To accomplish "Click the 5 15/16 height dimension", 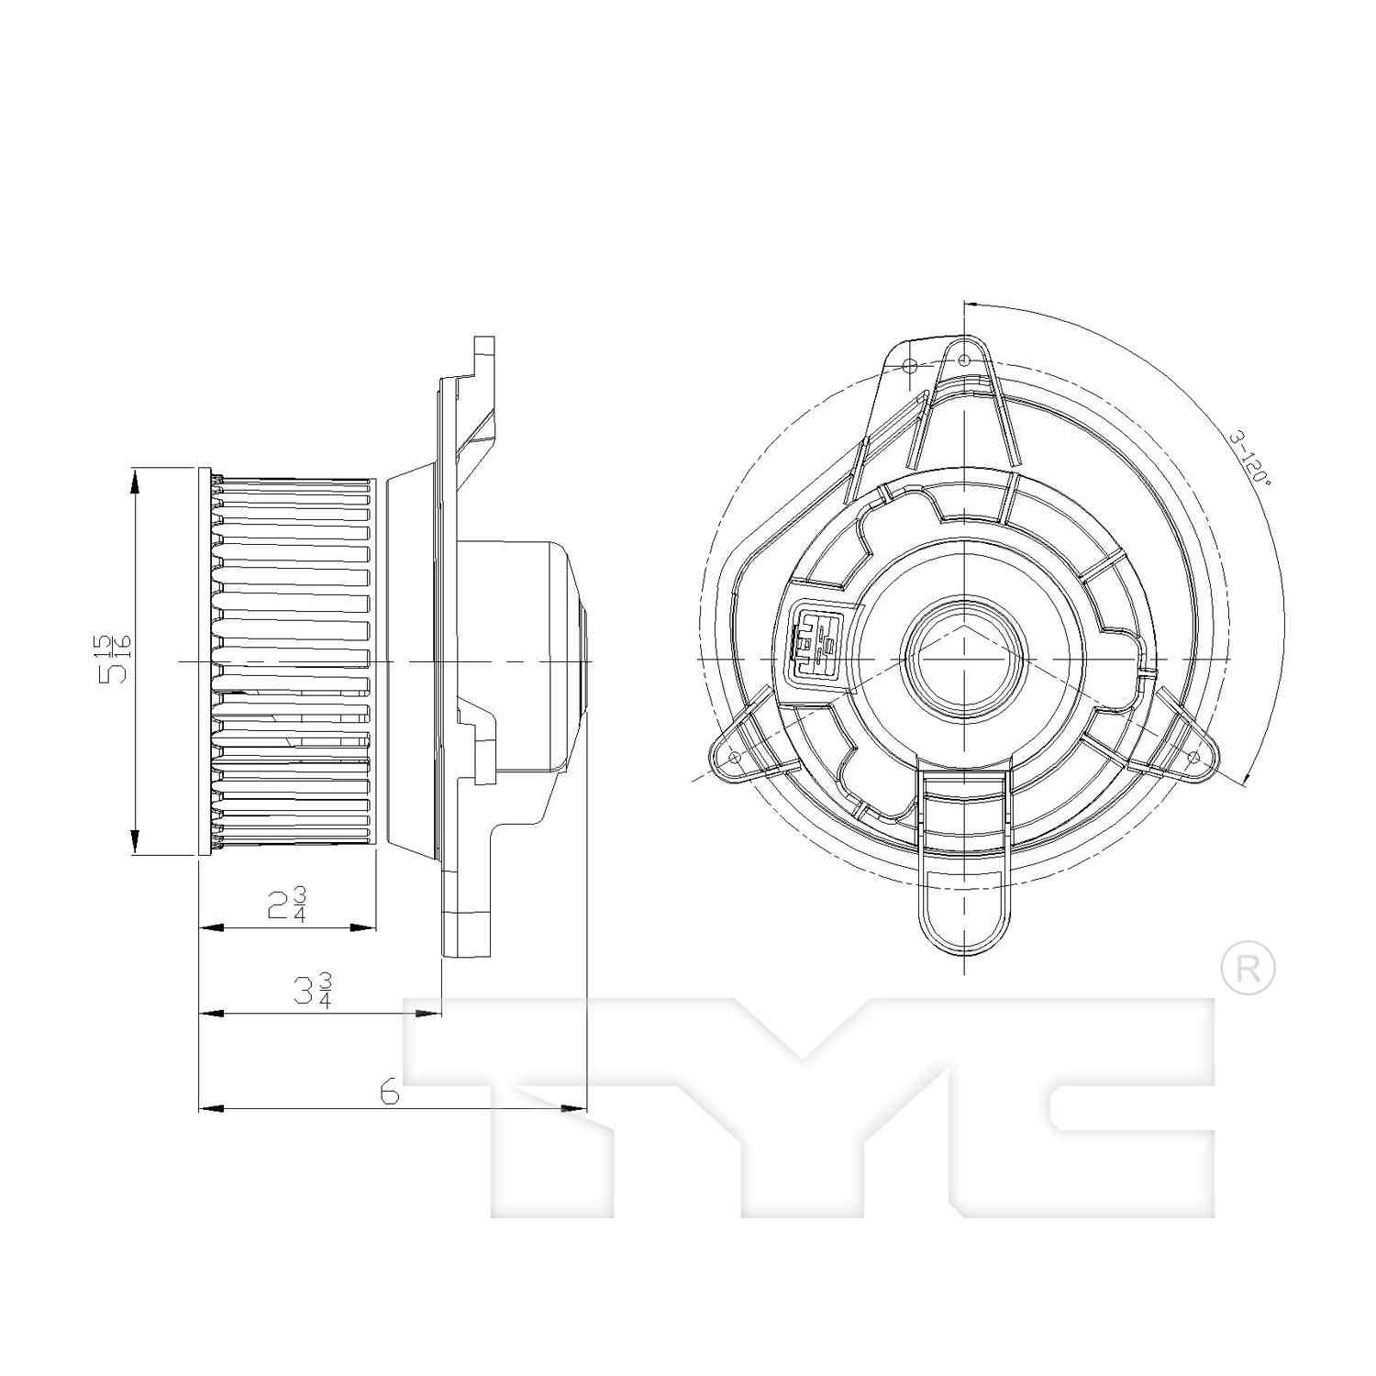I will tap(117, 658).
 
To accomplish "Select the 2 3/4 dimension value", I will tap(287, 904).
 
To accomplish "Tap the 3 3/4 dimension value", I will tap(312, 991).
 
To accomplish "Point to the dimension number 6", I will tap(389, 1092).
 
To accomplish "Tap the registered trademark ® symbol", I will tap(1248, 971).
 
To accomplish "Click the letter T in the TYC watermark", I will tap(550, 1101).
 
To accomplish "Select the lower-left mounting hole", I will tap(734, 757).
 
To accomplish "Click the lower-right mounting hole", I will tap(1193, 757).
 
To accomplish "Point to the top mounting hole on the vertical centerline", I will tap(964, 361).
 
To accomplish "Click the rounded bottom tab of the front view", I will tap(964, 927).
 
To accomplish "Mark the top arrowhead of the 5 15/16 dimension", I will tap(135, 479).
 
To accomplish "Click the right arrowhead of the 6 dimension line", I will tap(574, 1109).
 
